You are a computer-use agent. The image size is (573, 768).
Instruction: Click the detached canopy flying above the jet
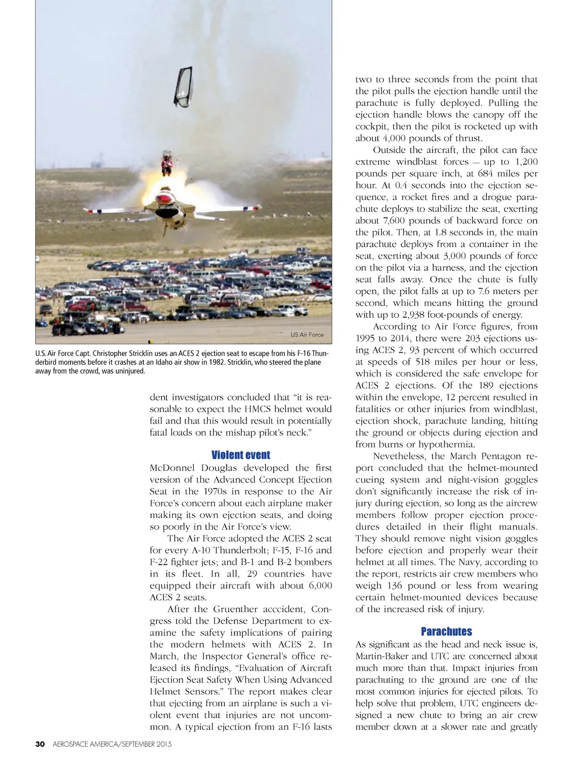click(183, 87)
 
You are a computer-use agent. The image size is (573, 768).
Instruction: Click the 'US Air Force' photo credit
click(307, 334)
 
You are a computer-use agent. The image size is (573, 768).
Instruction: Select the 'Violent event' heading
click(241, 455)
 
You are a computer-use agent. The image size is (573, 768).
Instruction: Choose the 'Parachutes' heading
click(446, 631)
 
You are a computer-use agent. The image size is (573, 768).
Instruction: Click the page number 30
click(40, 744)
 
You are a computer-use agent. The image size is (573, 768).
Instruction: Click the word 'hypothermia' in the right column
click(446, 444)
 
